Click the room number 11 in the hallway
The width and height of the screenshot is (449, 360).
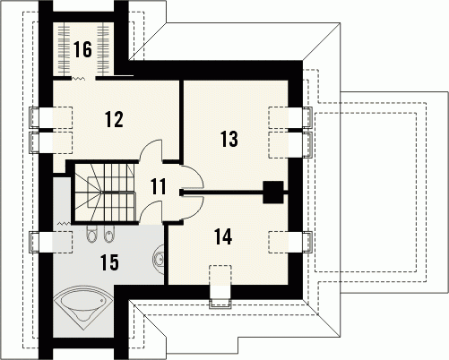pyautogui.click(x=159, y=186)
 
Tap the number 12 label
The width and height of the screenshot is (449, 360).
pyautogui.click(x=114, y=119)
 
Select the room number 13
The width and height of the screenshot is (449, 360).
pyautogui.click(x=229, y=139)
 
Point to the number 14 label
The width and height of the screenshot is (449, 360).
pyautogui.click(x=223, y=236)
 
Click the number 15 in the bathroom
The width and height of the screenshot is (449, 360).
pyautogui.click(x=109, y=262)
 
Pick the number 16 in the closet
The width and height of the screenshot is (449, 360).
pyautogui.click(x=82, y=49)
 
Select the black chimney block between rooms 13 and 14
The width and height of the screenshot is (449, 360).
pyautogui.click(x=272, y=193)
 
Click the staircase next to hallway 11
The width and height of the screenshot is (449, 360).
pyautogui.click(x=104, y=193)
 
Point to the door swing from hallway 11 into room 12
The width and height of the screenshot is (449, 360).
pyautogui.click(x=151, y=150)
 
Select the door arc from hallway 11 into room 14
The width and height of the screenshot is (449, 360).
pyautogui.click(x=193, y=208)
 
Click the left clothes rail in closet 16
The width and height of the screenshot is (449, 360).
pyautogui.click(x=63, y=49)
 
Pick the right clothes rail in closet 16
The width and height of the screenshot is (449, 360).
pyautogui.click(x=104, y=49)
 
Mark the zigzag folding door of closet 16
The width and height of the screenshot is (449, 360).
pyautogui.click(x=78, y=78)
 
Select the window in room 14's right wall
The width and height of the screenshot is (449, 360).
pyautogui.click(x=290, y=242)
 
